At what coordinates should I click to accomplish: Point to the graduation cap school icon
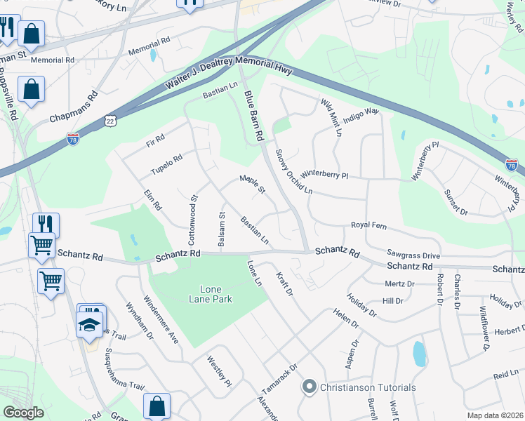coord(90,323)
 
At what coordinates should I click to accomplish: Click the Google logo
coord(24,413)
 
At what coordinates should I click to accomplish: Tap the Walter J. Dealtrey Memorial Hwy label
coord(229,72)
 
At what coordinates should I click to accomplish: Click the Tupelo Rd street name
coord(166,166)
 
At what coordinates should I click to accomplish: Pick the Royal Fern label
coord(369,226)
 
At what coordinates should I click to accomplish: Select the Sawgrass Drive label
coord(413,255)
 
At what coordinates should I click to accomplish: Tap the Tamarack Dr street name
coord(284,379)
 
